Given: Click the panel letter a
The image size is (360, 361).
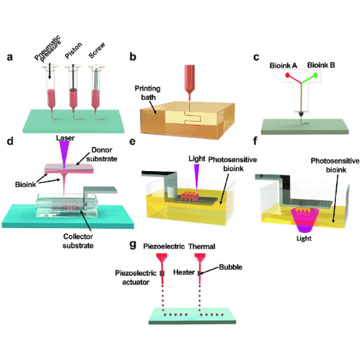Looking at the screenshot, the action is tap(10, 57).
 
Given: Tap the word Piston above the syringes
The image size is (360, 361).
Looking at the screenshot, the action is tap(74, 50).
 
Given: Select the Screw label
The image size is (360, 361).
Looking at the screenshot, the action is tap(96, 51).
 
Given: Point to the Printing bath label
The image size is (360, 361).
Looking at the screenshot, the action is tap(148, 93).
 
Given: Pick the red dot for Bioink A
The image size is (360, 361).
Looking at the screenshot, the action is tap(288, 75).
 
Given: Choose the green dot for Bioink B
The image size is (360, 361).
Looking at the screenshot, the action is tap(316, 75).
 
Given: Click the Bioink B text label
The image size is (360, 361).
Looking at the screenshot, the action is tap(321, 65).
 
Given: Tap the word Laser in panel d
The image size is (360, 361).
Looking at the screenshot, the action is tap(65, 138).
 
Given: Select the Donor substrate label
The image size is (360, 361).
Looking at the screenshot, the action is tap(102, 154).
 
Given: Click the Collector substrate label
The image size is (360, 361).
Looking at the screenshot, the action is tap(78, 241).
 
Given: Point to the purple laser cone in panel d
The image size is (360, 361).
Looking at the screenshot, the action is tap(65, 154).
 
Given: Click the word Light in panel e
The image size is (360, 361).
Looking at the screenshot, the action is tap(197, 159).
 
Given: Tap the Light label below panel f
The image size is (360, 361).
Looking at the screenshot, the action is tap(304, 239).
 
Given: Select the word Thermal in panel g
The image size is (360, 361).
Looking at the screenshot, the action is tap(202, 246).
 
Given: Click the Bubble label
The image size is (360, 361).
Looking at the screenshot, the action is tap(231, 267).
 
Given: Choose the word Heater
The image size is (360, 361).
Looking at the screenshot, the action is tap(184, 272).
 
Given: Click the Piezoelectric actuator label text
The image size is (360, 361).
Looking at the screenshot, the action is tap(136, 277).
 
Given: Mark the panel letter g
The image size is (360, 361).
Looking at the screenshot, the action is tap(133, 245).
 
